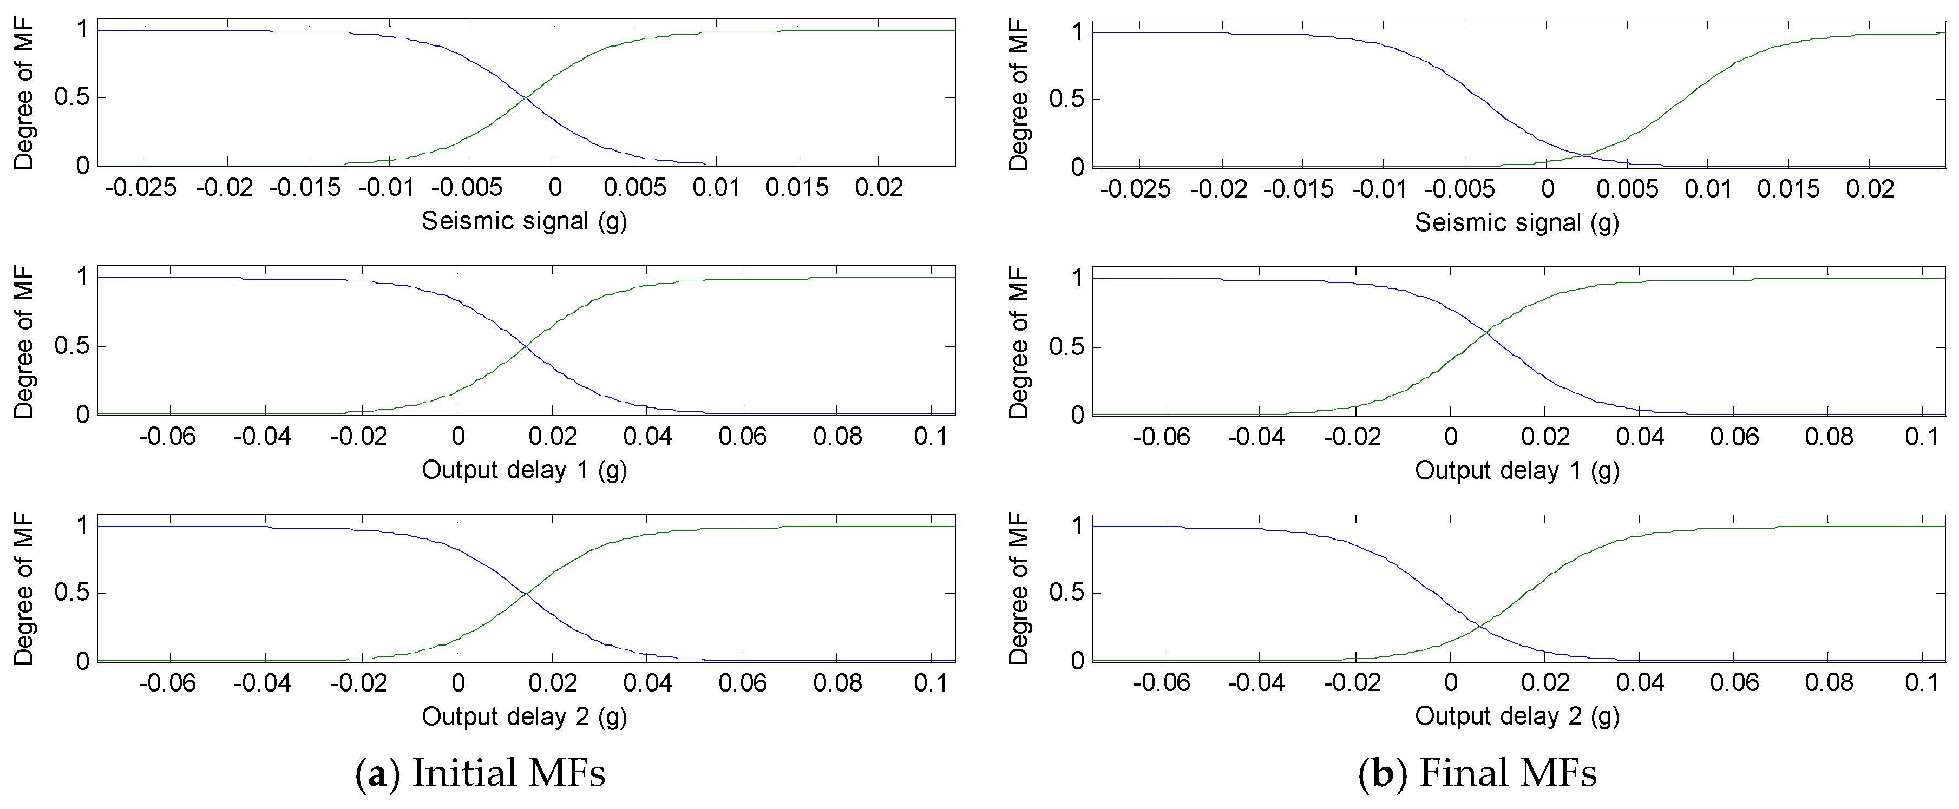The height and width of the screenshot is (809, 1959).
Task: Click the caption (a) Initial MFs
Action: tap(481, 773)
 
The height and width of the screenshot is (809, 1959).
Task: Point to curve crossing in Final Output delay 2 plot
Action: tap(1482, 625)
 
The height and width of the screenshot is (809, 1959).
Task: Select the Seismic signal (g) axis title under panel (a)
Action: tap(524, 221)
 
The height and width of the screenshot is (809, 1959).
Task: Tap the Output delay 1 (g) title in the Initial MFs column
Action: tap(524, 470)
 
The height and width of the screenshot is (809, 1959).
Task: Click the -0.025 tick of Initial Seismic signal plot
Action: tap(141, 188)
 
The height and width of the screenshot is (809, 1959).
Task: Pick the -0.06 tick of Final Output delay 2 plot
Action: tap(1161, 683)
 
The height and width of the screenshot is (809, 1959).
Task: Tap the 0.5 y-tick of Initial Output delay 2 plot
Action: tap(71, 593)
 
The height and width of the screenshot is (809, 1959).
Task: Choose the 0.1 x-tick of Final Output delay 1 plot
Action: tap(1921, 437)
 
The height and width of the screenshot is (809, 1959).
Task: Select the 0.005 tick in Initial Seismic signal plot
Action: tap(635, 188)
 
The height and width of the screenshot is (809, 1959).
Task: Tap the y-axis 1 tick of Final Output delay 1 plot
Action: tap(1077, 278)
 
